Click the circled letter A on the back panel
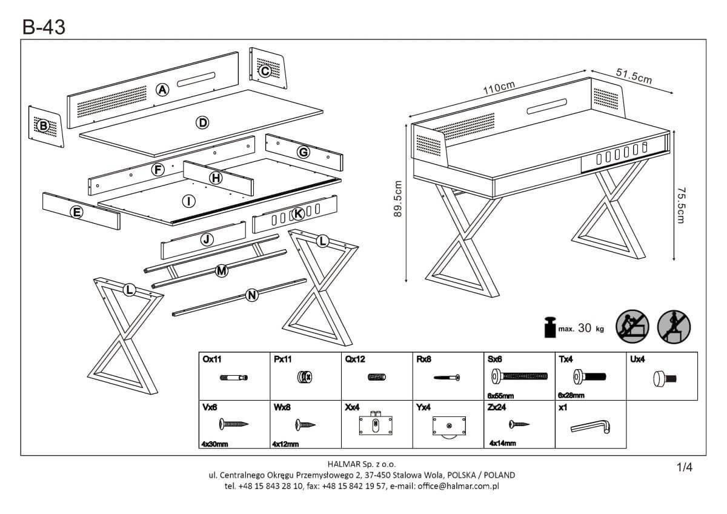[x=162, y=90]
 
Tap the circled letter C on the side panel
[x=265, y=71]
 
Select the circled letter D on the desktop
[x=202, y=123]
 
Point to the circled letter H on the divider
[x=216, y=178]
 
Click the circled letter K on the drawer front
[x=297, y=213]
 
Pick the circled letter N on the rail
[x=253, y=296]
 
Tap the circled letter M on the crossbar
[x=222, y=271]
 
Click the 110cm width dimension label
[x=499, y=88]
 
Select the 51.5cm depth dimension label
[x=634, y=77]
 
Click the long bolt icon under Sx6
[x=520, y=377]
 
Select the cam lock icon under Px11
[x=305, y=378]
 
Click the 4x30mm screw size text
[x=215, y=444]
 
